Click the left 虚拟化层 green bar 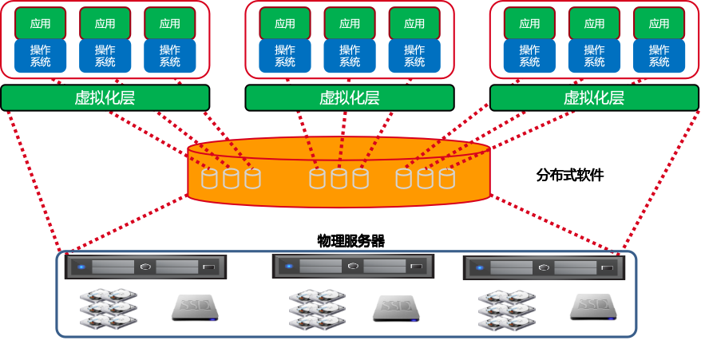click(x=105, y=97)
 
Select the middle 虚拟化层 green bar click(x=349, y=97)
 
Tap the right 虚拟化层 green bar click(x=593, y=97)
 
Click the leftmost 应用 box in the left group click(x=40, y=23)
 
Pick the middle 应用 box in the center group click(x=349, y=23)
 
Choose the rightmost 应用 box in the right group click(x=659, y=23)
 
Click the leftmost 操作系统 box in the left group click(x=40, y=56)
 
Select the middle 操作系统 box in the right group click(x=594, y=56)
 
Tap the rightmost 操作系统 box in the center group click(x=414, y=56)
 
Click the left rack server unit click(x=145, y=267)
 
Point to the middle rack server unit click(x=353, y=266)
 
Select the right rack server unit click(x=543, y=267)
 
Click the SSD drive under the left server click(x=194, y=308)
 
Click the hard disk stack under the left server click(x=109, y=308)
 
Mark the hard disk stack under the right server click(x=506, y=310)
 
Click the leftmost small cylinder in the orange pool click(x=209, y=178)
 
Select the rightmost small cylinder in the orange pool click(x=446, y=178)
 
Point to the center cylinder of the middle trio click(x=339, y=178)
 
